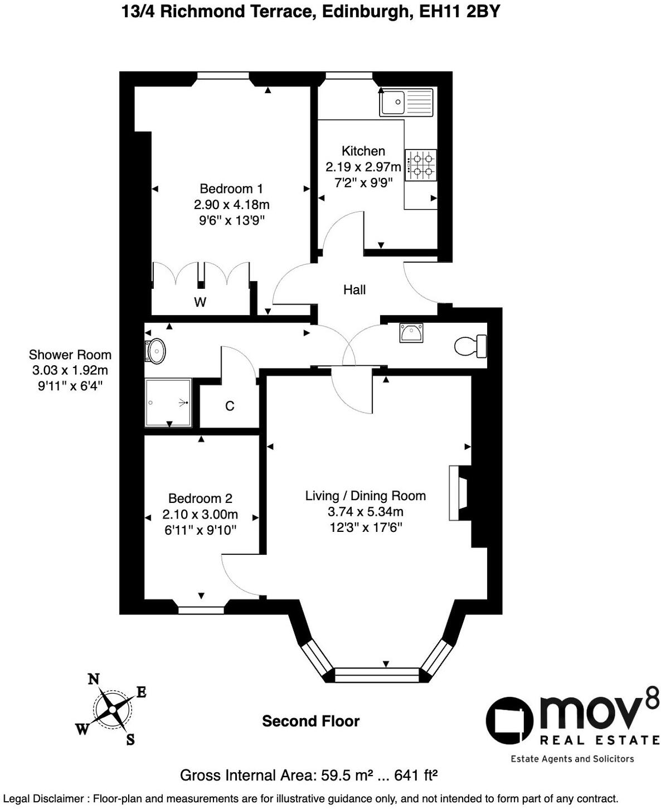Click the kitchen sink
(406, 103)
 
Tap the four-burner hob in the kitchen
(421, 165)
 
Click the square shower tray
(168, 403)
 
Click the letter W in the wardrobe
(200, 302)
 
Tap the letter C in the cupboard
(230, 406)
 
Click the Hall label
(354, 289)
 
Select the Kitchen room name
(363, 151)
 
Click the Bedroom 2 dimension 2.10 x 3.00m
(200, 514)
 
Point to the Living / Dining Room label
(366, 496)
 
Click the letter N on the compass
(94, 679)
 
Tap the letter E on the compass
(142, 692)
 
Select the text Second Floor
(311, 721)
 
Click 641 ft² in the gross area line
(416, 775)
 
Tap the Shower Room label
(70, 355)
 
